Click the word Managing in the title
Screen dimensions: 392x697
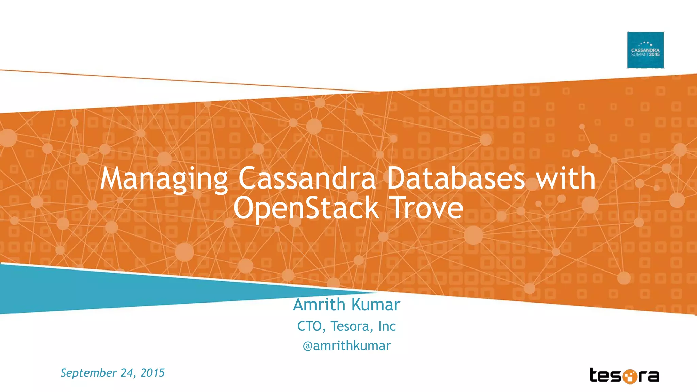pyautogui.click(x=164, y=179)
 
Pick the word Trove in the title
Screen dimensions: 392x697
pyautogui.click(x=427, y=208)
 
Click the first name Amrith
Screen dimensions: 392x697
pyautogui.click(x=319, y=305)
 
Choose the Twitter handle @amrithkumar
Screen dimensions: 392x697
pyautogui.click(x=346, y=346)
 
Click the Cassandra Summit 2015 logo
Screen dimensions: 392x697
pyautogui.click(x=645, y=50)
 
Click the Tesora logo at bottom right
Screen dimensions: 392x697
pyautogui.click(x=624, y=376)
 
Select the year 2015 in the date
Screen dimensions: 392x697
pyautogui.click(x=152, y=373)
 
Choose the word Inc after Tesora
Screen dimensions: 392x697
pyautogui.click(x=387, y=326)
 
